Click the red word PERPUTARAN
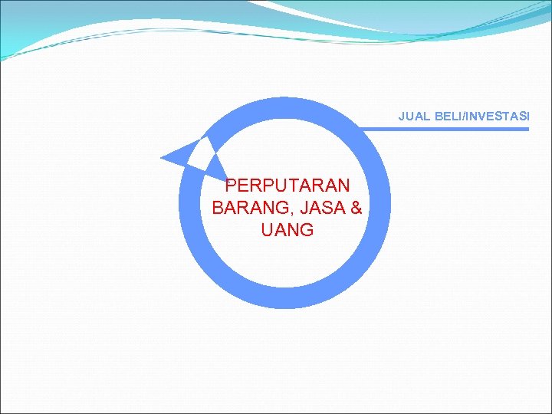(x=287, y=186)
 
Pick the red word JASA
(x=322, y=208)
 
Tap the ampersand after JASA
(x=355, y=208)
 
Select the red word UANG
(x=287, y=230)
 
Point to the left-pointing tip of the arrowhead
(x=162, y=158)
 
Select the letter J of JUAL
(x=402, y=117)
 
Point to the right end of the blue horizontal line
(x=527, y=129)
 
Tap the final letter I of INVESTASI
(x=527, y=117)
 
